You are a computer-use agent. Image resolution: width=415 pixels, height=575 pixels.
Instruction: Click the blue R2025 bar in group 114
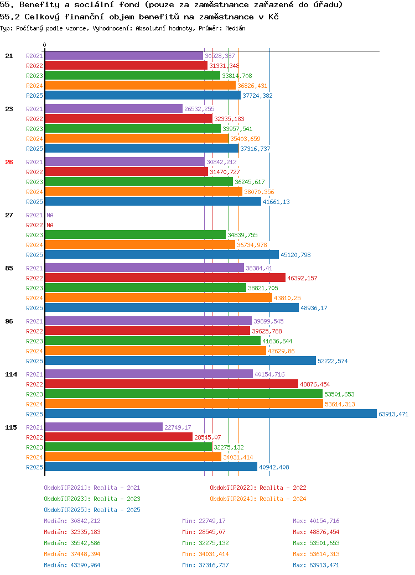(211, 414)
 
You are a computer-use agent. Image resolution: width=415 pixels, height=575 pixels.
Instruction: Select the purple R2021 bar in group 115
(104, 427)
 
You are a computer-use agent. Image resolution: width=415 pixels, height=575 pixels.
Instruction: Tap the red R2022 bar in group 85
(165, 278)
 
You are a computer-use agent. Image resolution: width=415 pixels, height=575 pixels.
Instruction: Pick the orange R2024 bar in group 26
(144, 192)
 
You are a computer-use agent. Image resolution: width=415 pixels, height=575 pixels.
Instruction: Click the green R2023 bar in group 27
(136, 234)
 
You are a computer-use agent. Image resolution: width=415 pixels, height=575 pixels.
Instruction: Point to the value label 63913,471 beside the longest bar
(393, 414)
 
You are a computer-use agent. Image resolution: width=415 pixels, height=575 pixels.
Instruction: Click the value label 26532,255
(199, 109)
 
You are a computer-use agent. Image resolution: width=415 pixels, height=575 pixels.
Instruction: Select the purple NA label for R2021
(50, 215)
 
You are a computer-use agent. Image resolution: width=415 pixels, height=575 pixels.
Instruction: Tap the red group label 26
(9, 162)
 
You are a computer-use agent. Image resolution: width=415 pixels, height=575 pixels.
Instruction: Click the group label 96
(9, 321)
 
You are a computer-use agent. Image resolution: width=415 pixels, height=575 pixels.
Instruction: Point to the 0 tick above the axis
(44, 45)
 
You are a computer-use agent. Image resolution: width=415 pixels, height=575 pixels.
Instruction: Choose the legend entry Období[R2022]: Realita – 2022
(258, 488)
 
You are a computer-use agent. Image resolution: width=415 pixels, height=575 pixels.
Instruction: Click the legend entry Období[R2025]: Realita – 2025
(92, 510)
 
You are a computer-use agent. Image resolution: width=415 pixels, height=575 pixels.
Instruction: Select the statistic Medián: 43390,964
(72, 565)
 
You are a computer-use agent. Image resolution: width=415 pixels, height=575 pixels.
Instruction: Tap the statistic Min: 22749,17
(204, 521)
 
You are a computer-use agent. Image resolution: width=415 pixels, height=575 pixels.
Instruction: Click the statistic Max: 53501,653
(317, 543)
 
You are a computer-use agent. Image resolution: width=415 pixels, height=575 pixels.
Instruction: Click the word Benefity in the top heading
(39, 5)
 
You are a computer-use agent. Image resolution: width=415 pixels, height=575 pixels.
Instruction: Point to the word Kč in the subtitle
(273, 17)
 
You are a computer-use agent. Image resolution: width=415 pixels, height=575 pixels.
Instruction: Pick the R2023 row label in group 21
(34, 76)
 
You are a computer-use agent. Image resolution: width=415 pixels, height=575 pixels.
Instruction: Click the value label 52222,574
(333, 361)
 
